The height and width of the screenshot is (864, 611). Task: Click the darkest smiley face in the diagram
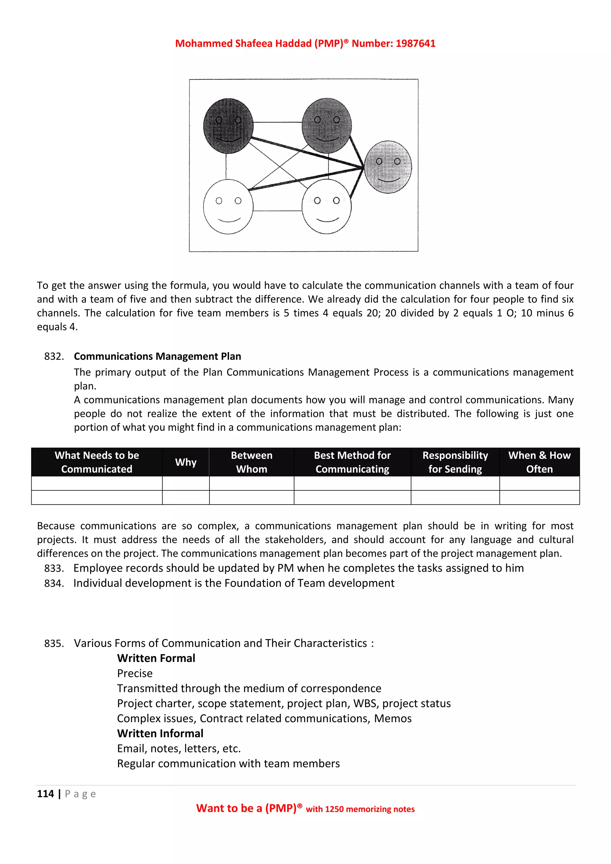228,126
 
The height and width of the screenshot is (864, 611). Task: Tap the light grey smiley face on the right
388,167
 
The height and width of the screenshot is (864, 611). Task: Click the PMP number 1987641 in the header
415,44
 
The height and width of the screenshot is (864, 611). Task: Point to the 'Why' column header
186,462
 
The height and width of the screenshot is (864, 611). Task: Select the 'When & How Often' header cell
539,462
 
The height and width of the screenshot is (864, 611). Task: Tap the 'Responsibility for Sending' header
455,462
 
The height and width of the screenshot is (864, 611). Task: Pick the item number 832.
54,356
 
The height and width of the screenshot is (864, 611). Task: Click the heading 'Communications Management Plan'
157,356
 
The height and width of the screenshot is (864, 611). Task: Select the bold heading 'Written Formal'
156,658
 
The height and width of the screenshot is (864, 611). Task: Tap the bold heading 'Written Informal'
160,733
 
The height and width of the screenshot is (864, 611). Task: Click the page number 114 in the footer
45,794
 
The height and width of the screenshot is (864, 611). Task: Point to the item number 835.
54,644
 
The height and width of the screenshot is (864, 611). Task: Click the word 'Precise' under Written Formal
135,673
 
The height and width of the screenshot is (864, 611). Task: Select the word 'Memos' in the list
393,718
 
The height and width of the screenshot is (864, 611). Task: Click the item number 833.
54,568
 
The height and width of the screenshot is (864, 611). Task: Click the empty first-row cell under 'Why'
186,483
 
